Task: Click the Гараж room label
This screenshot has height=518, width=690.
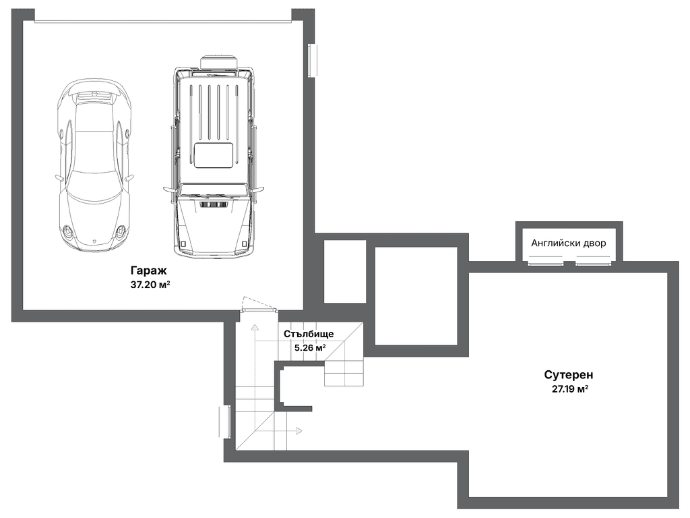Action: point(148,270)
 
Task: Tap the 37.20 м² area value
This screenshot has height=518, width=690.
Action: point(150,285)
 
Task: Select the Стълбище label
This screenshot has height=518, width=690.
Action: point(309,334)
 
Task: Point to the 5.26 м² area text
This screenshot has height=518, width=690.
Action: point(310,347)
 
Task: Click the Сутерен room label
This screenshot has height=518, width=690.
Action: point(569,375)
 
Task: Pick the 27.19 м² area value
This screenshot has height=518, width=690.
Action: point(570,389)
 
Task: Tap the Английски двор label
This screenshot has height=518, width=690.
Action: point(568,243)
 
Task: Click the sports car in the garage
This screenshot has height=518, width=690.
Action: point(94,166)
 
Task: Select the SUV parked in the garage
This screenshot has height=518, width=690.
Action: point(214,156)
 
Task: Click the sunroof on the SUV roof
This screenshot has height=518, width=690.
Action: point(214,155)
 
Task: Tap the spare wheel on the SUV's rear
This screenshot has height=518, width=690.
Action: point(219,62)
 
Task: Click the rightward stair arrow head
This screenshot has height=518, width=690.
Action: point(299,430)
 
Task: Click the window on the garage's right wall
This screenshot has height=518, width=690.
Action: point(312,60)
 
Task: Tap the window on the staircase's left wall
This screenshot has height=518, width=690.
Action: point(225,422)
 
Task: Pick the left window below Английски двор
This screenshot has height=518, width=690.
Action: point(546,264)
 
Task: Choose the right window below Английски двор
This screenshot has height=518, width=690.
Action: point(593,264)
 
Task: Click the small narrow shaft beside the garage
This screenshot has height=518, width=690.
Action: point(345,271)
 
